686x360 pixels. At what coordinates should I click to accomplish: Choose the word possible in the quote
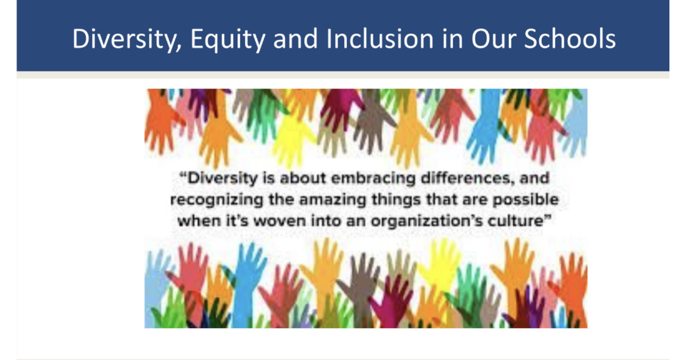(528, 200)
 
